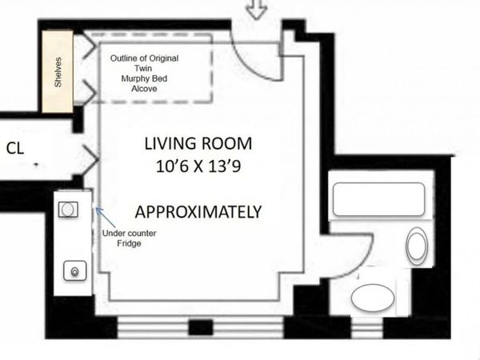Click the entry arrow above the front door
256,10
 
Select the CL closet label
14,148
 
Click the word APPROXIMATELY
198,213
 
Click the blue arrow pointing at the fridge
99,214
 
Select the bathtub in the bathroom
378,199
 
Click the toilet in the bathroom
417,246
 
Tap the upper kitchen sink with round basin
69,210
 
